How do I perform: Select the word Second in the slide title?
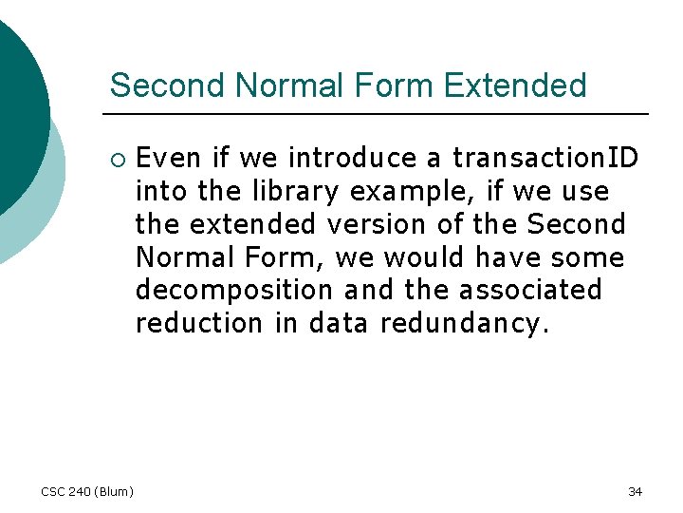coord(169,85)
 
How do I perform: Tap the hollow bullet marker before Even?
coord(117,157)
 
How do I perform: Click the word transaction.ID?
coord(545,157)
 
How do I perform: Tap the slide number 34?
coord(635,491)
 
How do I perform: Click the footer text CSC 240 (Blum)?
coord(87,491)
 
